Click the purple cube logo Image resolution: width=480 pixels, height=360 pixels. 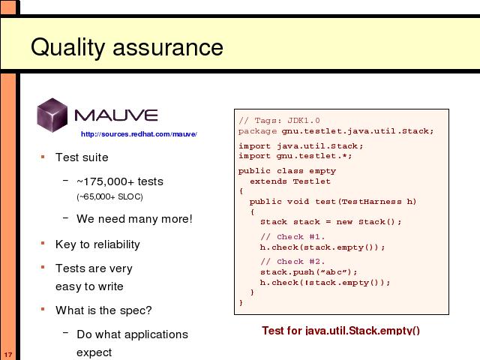click(52, 115)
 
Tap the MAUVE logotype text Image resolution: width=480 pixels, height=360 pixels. click(116, 115)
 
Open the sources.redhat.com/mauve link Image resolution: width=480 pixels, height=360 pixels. click(139, 134)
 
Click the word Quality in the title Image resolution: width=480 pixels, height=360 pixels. click(68, 47)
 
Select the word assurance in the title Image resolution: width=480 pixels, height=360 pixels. click(168, 48)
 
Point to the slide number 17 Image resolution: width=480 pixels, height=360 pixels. click(8, 355)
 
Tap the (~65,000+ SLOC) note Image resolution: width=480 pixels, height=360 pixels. click(110, 196)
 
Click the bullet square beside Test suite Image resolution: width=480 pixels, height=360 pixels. click(43, 157)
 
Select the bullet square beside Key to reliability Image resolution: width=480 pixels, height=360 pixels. click(43, 243)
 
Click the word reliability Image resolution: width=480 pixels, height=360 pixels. click(117, 244)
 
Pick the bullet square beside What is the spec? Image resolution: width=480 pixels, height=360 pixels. click(43, 309)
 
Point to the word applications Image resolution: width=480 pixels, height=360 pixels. click(157, 334)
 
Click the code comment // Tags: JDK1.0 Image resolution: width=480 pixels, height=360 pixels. click(279, 120)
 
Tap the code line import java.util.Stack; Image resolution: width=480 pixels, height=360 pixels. click(301, 146)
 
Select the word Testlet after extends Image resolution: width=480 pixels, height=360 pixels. click(312, 181)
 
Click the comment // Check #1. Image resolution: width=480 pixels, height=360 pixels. click(292, 237)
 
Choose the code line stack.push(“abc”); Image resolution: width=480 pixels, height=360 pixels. click(309, 271)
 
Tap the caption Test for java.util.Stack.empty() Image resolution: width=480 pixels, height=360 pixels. click(340, 331)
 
